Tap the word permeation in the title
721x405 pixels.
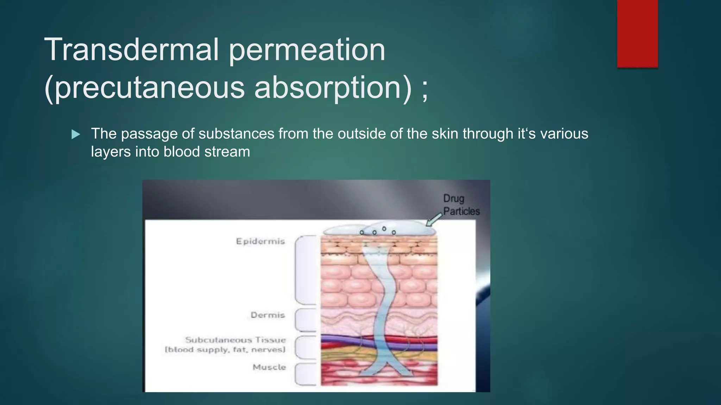click(307, 50)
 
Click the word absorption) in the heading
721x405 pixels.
click(333, 88)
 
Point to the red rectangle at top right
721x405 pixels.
click(637, 33)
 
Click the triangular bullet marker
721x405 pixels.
click(76, 134)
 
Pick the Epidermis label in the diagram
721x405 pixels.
click(260, 241)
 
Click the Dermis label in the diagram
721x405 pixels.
click(268, 315)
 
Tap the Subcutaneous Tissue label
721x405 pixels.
click(236, 340)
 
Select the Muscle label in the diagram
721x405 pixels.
click(269, 367)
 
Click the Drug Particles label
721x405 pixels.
click(461, 205)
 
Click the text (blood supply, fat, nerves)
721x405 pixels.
click(225, 350)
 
